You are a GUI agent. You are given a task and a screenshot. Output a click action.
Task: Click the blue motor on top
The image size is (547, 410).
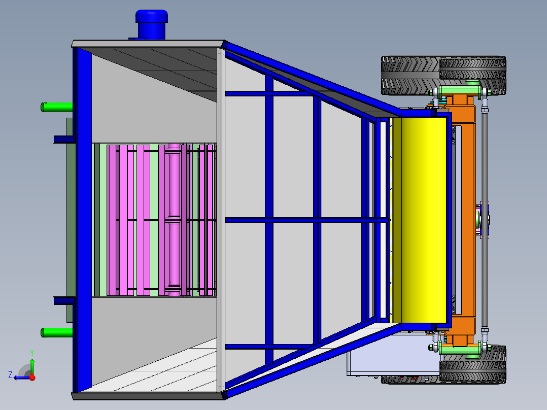(x=151, y=24)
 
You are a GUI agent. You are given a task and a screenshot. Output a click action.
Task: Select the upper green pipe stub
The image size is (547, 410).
(x=57, y=107)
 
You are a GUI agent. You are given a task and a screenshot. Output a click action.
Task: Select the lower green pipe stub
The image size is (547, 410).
(x=57, y=332)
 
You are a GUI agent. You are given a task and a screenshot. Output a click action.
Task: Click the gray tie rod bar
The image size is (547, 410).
(x=485, y=218)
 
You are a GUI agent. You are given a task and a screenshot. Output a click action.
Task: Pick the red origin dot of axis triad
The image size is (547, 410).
(x=32, y=377)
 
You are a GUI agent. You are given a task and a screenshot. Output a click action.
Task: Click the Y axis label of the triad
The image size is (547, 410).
(x=31, y=352)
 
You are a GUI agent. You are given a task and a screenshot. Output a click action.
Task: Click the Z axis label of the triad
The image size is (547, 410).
(x=10, y=375)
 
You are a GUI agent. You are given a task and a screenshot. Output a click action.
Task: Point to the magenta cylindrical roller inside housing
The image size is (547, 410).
(x=174, y=219)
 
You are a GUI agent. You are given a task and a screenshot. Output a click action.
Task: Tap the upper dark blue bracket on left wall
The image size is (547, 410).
(x=63, y=139)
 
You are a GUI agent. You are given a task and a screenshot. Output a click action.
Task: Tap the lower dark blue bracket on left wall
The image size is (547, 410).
(x=63, y=300)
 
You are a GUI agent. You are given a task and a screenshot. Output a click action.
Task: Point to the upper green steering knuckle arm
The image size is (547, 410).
(x=459, y=92)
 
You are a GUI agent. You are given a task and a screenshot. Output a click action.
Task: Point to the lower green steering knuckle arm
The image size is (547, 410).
(x=459, y=349)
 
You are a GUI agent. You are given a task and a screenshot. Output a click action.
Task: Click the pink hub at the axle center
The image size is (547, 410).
(x=483, y=219)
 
